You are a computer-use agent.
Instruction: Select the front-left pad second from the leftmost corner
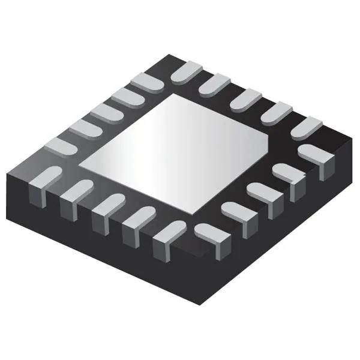[75, 192]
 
